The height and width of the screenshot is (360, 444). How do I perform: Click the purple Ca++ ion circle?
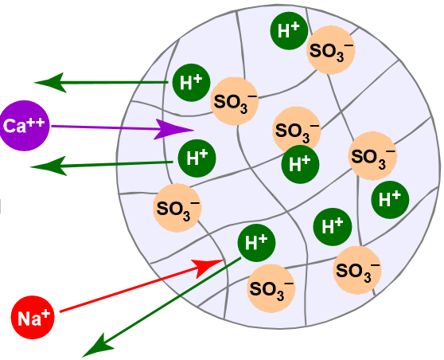click(24, 126)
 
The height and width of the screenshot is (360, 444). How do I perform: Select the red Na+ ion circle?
click(33, 318)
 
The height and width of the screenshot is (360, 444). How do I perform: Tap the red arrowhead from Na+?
click(208, 267)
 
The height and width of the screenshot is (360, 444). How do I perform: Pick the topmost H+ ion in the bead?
click(289, 30)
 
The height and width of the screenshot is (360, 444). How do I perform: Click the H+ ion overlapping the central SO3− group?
click(300, 164)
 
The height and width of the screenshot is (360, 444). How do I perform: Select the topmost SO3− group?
click(331, 50)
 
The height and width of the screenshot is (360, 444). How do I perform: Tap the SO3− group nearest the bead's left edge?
click(177, 208)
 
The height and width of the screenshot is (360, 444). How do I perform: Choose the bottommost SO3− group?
click(271, 288)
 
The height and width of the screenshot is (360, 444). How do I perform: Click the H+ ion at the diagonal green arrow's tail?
click(256, 243)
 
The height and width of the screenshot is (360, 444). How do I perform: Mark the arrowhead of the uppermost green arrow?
click(49, 83)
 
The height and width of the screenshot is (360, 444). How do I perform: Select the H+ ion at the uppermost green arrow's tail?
click(191, 82)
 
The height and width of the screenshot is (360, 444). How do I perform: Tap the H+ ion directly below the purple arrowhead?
click(197, 158)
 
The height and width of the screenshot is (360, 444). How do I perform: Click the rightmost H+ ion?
click(390, 200)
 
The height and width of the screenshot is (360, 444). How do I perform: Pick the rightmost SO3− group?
click(372, 155)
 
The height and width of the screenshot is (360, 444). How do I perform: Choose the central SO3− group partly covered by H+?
click(297, 131)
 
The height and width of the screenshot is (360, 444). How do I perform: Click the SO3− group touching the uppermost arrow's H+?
click(235, 101)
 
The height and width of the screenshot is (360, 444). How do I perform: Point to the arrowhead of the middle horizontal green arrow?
click(47, 166)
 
